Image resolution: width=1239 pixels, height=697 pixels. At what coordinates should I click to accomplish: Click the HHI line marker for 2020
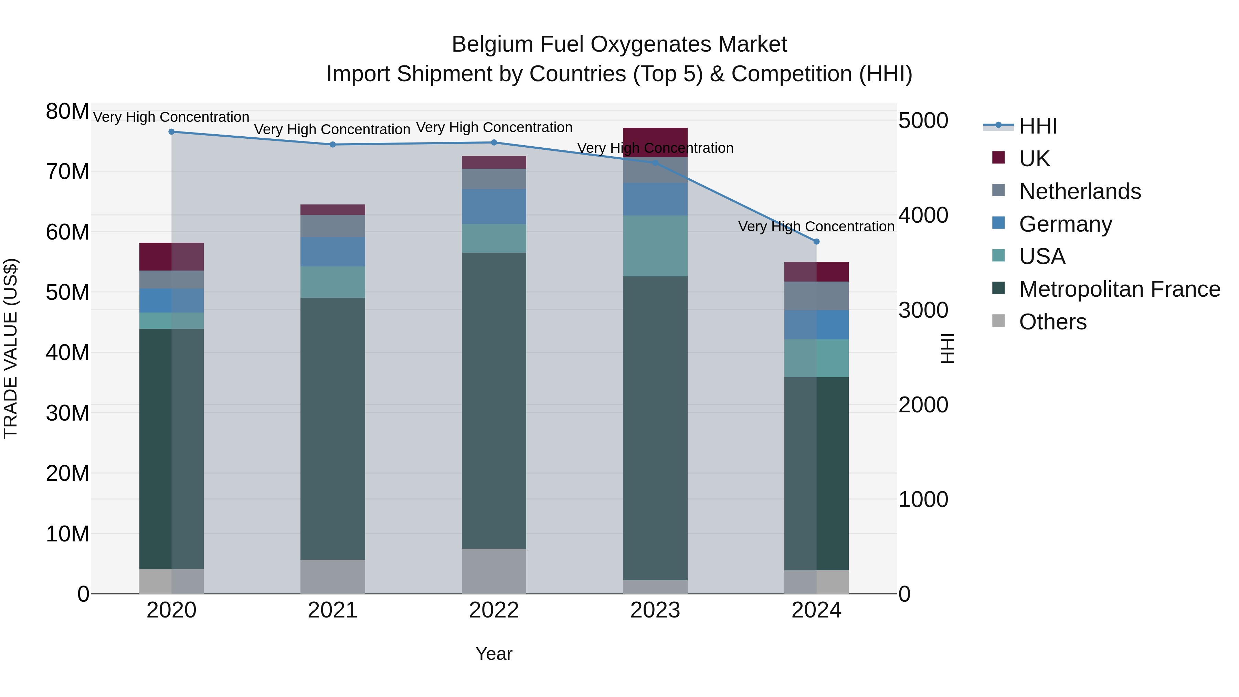(x=171, y=132)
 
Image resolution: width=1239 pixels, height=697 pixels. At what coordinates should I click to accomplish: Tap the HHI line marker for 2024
(x=816, y=242)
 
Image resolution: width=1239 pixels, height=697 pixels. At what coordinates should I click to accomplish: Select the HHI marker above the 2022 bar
(x=494, y=142)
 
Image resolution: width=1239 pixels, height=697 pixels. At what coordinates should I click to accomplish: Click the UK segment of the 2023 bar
(x=655, y=142)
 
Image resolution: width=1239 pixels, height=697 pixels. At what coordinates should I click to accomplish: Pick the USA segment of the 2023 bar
(x=655, y=246)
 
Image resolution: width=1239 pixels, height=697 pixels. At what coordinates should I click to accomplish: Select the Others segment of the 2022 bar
(x=494, y=571)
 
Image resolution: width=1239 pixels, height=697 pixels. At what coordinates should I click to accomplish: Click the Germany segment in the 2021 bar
(x=332, y=252)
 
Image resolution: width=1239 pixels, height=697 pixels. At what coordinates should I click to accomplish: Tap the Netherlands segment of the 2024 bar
(x=816, y=296)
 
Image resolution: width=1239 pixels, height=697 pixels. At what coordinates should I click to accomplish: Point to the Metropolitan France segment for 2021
(x=332, y=428)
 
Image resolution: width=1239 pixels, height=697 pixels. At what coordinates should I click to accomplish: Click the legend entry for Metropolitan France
(x=1119, y=289)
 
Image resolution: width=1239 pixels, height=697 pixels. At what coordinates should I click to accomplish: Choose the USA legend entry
(x=1042, y=257)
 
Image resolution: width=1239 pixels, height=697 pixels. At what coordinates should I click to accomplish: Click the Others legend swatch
(x=998, y=321)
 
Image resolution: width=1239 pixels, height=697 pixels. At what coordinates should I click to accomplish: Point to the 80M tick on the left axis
(x=67, y=112)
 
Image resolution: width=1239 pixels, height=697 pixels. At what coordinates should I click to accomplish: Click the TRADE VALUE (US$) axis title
(x=11, y=348)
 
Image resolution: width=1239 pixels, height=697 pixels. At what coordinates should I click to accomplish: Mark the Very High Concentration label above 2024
(x=816, y=226)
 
